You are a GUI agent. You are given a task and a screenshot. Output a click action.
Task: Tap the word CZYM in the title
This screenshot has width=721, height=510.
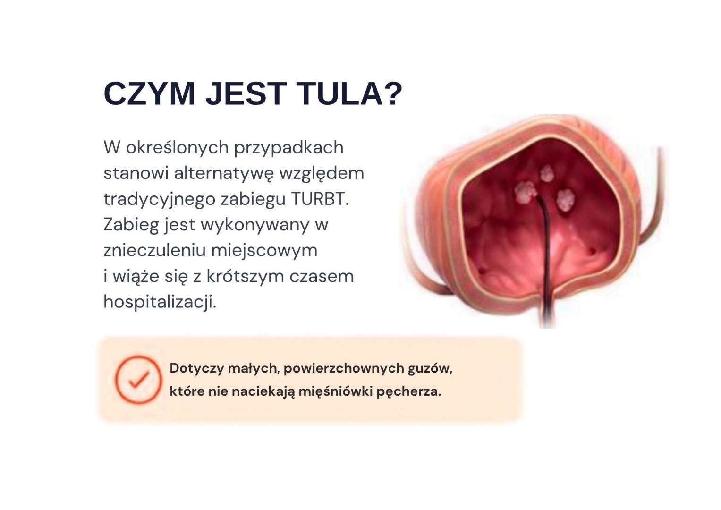(149, 93)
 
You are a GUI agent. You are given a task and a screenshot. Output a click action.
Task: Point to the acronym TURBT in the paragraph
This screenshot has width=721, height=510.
(320, 199)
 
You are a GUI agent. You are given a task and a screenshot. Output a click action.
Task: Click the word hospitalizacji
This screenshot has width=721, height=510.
(160, 302)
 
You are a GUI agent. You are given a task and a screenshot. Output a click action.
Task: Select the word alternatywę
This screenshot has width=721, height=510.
(224, 174)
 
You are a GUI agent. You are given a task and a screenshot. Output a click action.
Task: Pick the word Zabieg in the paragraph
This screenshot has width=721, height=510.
(131, 225)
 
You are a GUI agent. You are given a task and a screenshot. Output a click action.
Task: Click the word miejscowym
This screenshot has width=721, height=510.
(264, 251)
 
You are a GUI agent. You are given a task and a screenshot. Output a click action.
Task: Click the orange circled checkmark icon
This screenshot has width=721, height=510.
(139, 380)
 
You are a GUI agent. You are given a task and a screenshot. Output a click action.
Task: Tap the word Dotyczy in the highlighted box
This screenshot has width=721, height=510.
(197, 368)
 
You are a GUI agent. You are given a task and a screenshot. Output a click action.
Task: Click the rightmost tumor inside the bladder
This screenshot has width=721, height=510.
(566, 200)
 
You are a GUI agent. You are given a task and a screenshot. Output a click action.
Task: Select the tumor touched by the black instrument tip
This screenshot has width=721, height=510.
(526, 192)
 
